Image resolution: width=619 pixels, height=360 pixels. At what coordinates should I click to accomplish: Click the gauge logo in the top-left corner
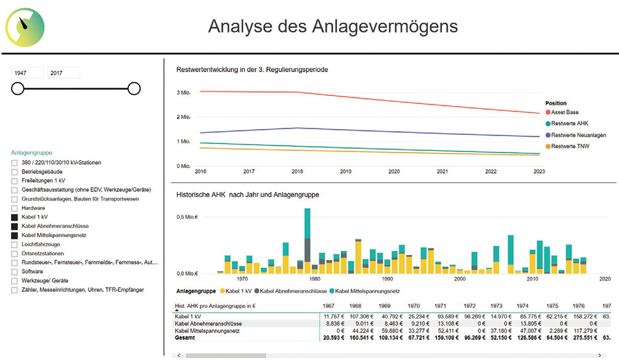(x=25, y=25)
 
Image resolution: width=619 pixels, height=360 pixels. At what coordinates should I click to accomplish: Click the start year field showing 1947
(x=27, y=73)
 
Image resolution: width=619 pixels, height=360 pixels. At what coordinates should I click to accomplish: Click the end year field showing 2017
(x=63, y=73)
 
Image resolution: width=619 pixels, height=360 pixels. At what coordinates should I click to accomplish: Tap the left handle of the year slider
(x=18, y=88)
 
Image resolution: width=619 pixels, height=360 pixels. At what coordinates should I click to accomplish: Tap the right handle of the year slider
(x=134, y=88)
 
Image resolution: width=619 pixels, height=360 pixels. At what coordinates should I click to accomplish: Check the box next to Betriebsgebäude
(x=15, y=171)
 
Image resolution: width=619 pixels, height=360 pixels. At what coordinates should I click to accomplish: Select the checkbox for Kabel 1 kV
(x=15, y=217)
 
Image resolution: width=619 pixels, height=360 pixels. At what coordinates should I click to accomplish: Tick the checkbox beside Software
(x=15, y=271)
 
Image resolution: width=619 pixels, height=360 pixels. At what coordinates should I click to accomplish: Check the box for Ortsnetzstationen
(x=15, y=253)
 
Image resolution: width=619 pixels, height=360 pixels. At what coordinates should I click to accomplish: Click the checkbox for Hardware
(x=15, y=208)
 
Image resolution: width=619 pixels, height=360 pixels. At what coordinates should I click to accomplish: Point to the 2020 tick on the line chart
(x=393, y=172)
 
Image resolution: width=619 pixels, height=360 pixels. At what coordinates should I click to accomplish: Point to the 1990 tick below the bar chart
(x=387, y=279)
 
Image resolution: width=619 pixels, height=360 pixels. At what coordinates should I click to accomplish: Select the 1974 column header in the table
(x=522, y=306)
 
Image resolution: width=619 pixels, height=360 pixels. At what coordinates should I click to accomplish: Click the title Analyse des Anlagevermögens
(x=333, y=27)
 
